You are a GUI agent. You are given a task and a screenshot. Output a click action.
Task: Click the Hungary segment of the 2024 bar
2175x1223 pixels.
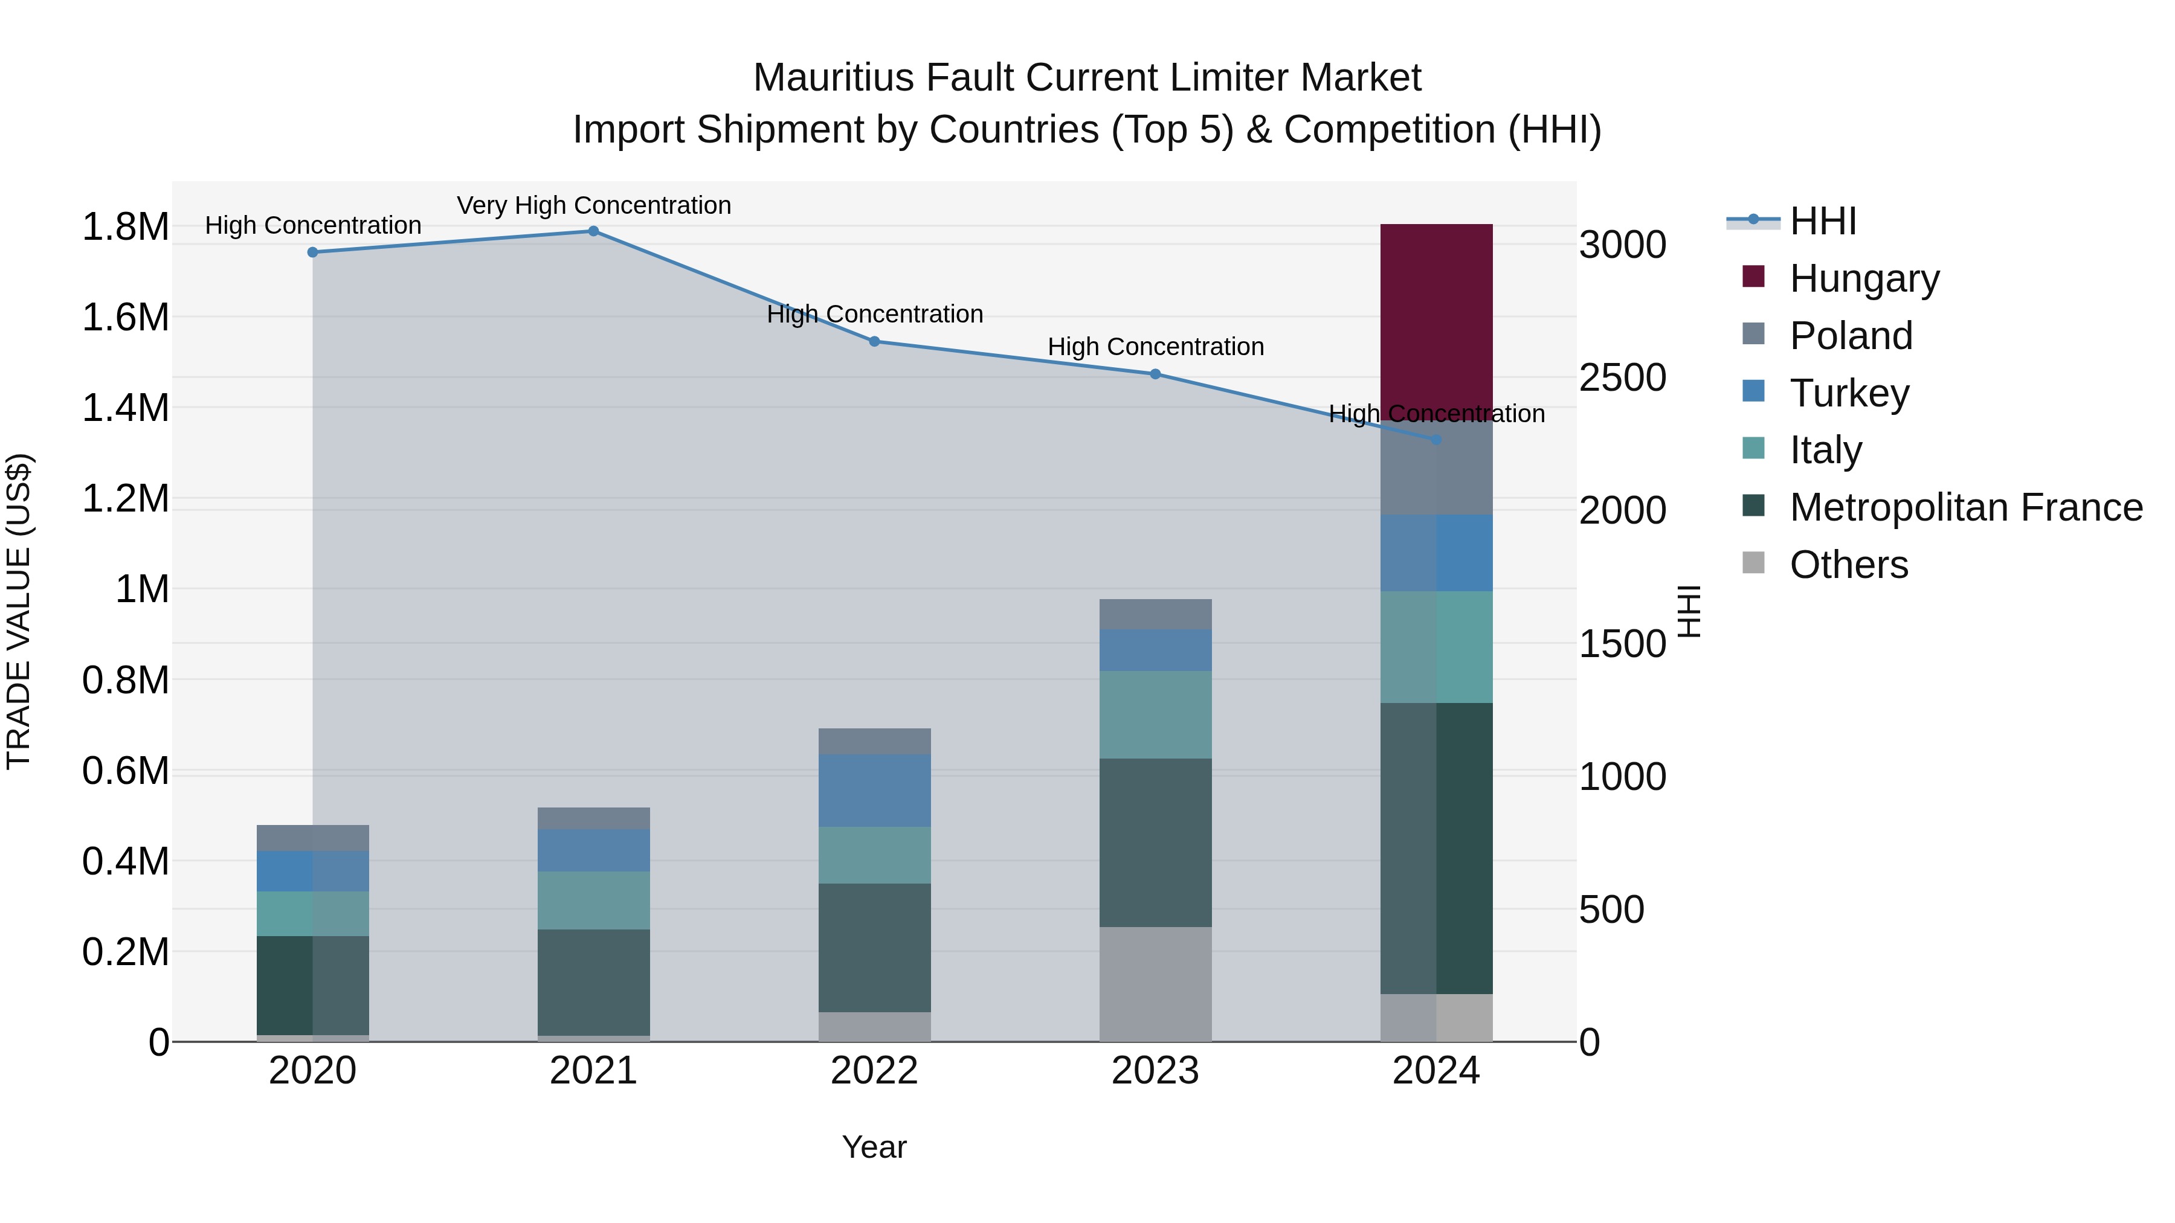[x=1436, y=321]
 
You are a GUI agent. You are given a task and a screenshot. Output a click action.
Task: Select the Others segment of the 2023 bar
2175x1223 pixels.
[x=1155, y=984]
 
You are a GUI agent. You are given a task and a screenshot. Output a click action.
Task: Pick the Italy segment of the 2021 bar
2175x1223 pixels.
[x=593, y=900]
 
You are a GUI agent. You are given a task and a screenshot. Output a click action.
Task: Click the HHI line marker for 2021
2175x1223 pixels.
[x=593, y=231]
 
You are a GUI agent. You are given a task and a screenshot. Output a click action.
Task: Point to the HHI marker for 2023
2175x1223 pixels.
[x=1155, y=374]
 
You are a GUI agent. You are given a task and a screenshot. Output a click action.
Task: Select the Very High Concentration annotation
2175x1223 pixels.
[x=593, y=205]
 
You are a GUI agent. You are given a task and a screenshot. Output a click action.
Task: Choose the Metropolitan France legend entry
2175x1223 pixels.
[x=1965, y=507]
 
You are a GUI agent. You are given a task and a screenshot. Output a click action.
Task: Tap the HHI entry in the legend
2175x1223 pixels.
[x=1822, y=221]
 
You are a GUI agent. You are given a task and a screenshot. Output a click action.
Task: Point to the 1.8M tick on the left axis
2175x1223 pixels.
[x=125, y=227]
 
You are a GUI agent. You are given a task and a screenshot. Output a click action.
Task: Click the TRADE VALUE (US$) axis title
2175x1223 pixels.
[x=19, y=611]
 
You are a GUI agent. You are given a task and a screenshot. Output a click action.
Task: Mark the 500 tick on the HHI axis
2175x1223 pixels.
[x=1611, y=910]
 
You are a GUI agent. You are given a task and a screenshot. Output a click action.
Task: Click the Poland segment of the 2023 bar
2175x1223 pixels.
[x=1155, y=614]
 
